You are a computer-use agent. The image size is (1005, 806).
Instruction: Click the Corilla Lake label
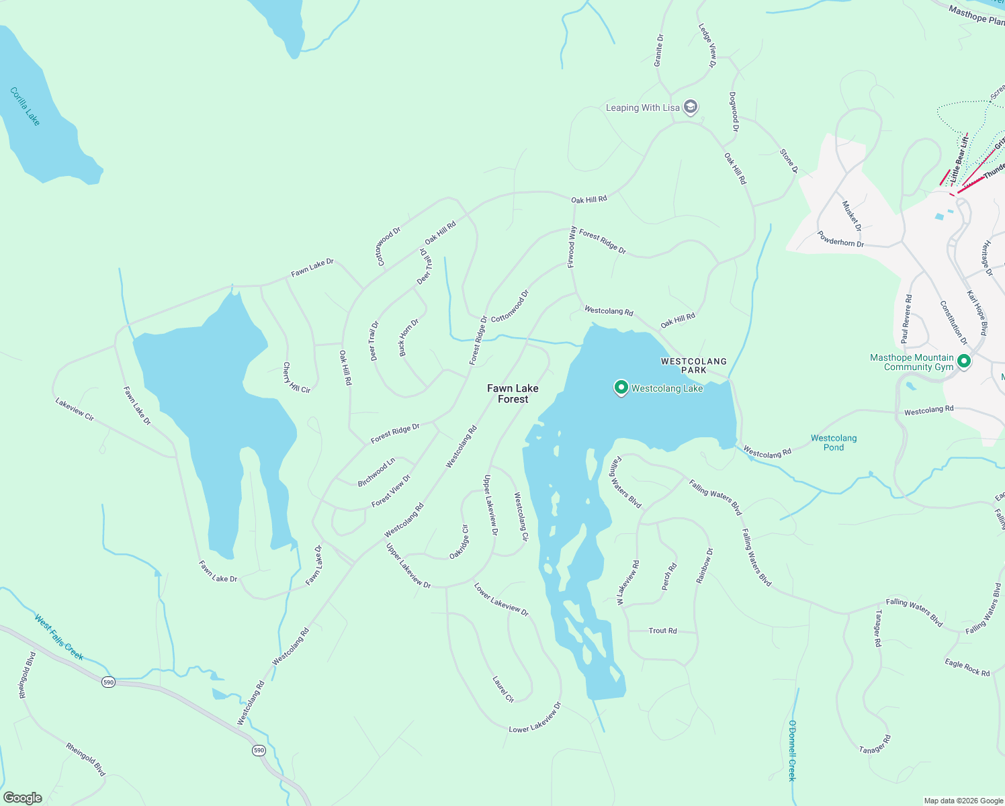coord(26,106)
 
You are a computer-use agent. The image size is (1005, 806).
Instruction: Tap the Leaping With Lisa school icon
coord(690,107)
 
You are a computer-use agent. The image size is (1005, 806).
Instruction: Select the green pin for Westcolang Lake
coord(621,388)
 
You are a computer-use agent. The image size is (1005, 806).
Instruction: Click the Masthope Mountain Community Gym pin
coord(964,361)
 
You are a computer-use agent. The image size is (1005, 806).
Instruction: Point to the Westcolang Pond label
coord(833,443)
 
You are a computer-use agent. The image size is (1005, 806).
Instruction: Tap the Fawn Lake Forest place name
coord(513,394)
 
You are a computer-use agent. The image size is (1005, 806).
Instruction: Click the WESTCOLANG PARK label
coord(693,365)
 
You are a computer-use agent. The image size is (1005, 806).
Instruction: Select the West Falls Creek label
coord(59,637)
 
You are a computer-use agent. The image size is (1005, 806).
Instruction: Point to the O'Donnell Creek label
coord(792,750)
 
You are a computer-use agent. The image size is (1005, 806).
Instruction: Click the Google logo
coord(22,798)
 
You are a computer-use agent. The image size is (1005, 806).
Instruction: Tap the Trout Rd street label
coord(662,631)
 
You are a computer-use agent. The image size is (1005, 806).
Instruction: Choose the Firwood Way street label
coord(572,247)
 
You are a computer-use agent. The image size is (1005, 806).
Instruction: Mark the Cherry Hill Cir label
coord(296,377)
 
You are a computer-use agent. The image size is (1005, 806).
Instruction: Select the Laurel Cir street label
coord(502,689)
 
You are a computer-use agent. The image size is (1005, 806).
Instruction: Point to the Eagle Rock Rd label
coord(967,668)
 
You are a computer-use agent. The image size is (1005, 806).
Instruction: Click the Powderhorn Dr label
coord(840,238)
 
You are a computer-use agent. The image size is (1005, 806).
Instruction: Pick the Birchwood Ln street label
coord(376,473)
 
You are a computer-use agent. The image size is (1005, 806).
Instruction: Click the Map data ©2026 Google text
coord(963,801)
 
